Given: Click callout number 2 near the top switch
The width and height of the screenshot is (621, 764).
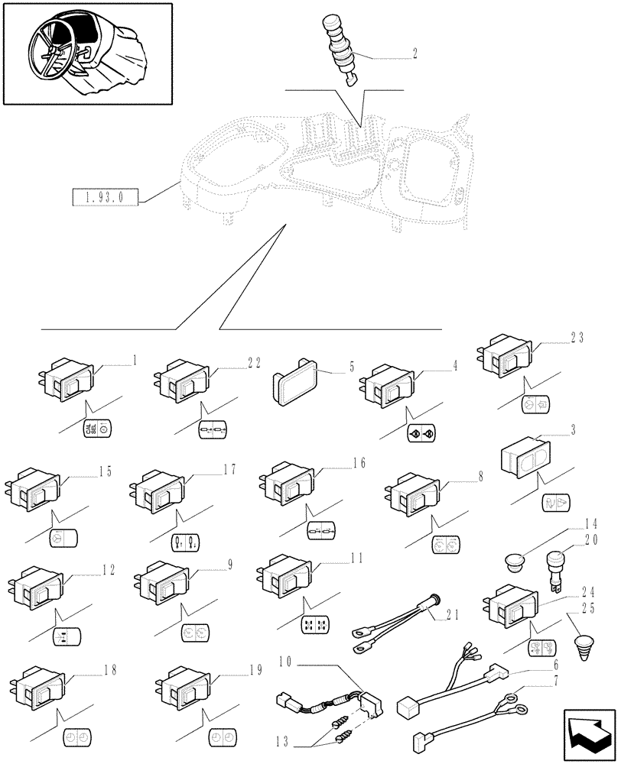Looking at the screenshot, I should click(414, 53).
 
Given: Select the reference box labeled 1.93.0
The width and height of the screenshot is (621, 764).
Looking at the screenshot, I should click(106, 198).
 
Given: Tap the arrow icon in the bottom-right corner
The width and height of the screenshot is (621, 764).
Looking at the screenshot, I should click(588, 733).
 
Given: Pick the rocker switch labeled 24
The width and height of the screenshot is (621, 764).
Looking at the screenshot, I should click(510, 607).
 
